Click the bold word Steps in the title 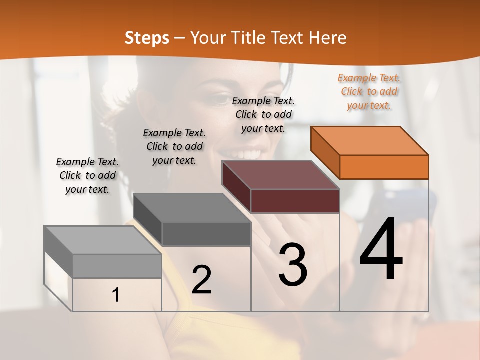point(147,38)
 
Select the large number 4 point(381,250)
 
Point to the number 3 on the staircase point(292,265)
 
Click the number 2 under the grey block point(201,280)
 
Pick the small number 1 point(116,295)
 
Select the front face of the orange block point(384,167)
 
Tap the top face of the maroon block point(281,175)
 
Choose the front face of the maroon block point(295,201)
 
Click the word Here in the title point(328,38)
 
